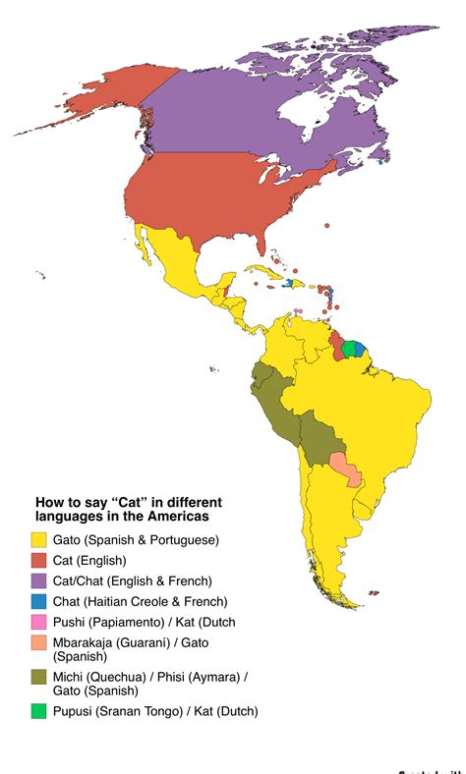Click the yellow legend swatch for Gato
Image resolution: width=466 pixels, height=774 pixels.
[x=39, y=539]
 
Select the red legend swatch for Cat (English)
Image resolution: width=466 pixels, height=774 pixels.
[x=39, y=560]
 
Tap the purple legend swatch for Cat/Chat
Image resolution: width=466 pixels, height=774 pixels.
[x=39, y=580]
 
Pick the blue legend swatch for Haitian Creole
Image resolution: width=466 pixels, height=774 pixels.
[x=39, y=601]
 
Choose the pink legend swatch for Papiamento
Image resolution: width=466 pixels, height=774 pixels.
[x=39, y=622]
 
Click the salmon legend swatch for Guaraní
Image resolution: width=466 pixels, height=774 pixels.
[x=39, y=642]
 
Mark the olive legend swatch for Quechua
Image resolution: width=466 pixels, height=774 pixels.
[x=39, y=677]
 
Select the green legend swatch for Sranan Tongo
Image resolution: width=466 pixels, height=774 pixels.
[x=39, y=711]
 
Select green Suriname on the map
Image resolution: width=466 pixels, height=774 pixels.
[x=348, y=349]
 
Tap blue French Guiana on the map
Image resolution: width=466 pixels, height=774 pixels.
[x=360, y=348]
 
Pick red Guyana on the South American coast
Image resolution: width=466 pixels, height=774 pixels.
[x=336, y=346]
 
